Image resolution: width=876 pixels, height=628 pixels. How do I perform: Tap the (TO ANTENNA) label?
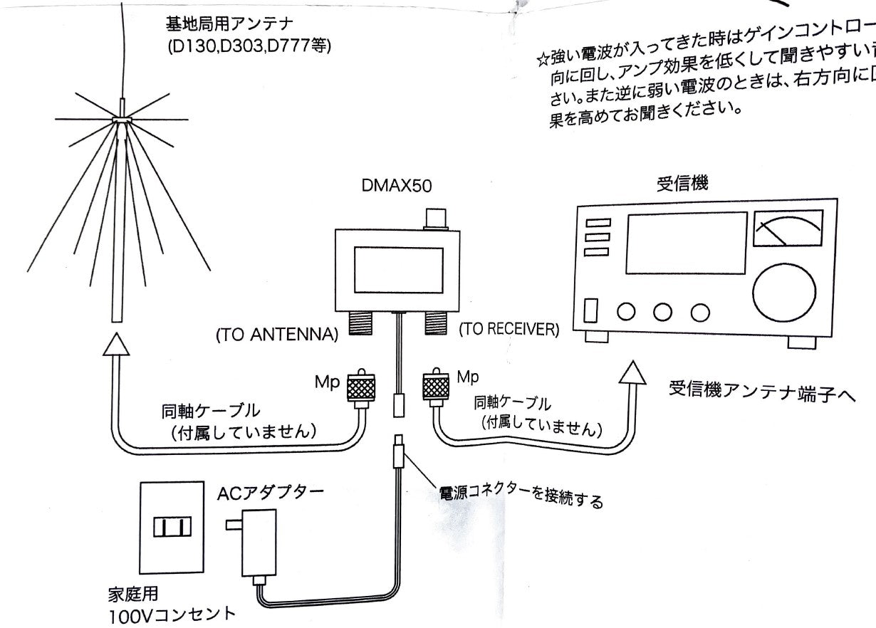pos(276,335)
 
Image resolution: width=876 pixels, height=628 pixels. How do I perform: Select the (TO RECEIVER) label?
pos(509,329)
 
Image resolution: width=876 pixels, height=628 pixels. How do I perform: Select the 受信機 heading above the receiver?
pos(682,184)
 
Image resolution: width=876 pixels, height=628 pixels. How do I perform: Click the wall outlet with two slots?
pos(172,527)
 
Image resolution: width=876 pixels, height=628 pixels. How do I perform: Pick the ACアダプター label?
pos(271,491)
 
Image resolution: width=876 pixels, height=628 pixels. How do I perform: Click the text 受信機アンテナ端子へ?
pos(761,392)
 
